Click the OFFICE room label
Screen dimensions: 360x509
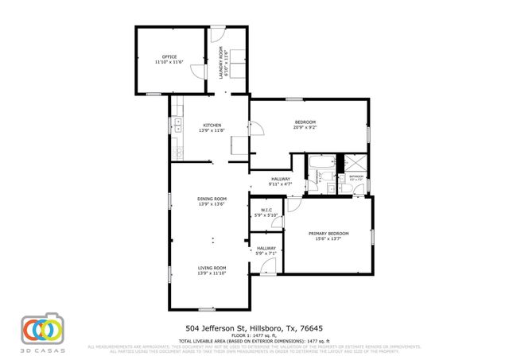[169, 56]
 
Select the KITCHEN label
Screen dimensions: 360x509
[212, 125]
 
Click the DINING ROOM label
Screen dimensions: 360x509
[212, 199]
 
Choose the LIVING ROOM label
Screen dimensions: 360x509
[212, 268]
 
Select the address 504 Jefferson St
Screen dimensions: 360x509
[213, 327]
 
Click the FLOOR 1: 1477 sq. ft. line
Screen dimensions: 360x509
[254, 336]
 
